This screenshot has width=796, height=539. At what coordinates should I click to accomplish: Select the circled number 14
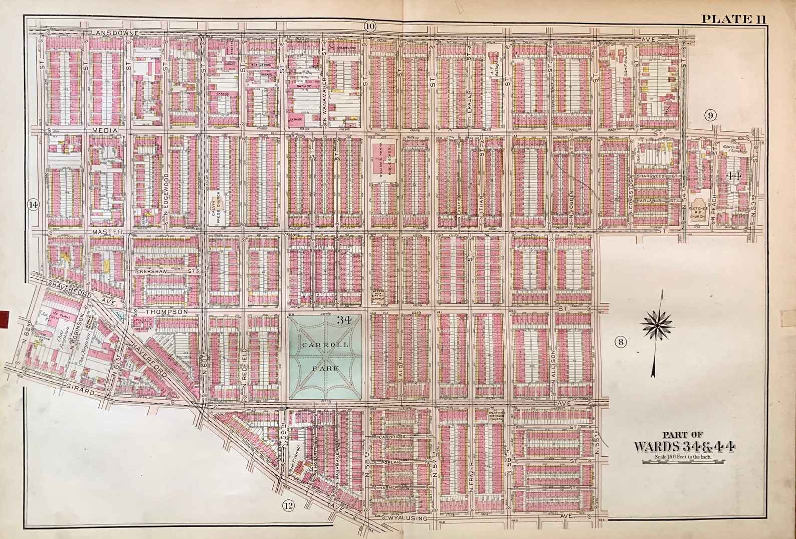click(x=33, y=205)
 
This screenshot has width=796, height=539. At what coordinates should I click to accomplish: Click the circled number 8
click(x=621, y=342)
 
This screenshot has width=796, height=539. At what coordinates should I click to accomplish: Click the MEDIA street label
click(x=104, y=130)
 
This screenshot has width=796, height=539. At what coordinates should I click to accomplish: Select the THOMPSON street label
click(x=167, y=311)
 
